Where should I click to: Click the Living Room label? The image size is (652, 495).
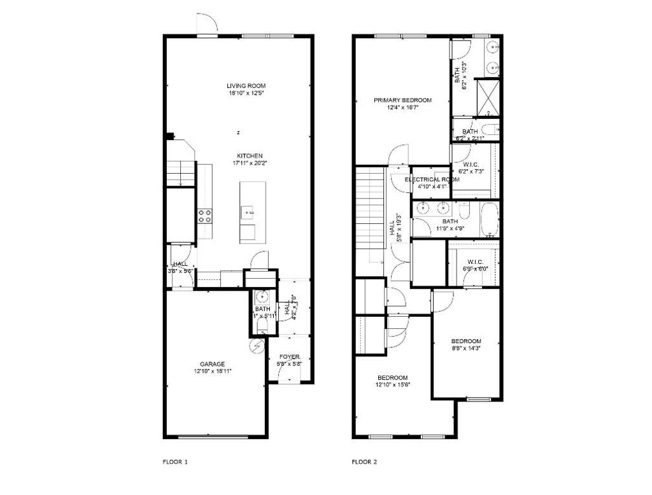[246, 86]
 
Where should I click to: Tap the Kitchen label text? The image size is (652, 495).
[250, 156]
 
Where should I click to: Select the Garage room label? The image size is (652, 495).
[213, 364]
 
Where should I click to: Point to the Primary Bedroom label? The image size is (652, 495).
[402, 100]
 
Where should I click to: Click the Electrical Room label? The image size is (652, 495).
[432, 179]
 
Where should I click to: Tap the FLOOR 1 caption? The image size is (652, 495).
[175, 461]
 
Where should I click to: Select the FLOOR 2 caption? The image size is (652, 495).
[365, 461]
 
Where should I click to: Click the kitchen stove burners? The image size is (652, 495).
[204, 216]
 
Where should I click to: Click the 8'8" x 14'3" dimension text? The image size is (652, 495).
[466, 349]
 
